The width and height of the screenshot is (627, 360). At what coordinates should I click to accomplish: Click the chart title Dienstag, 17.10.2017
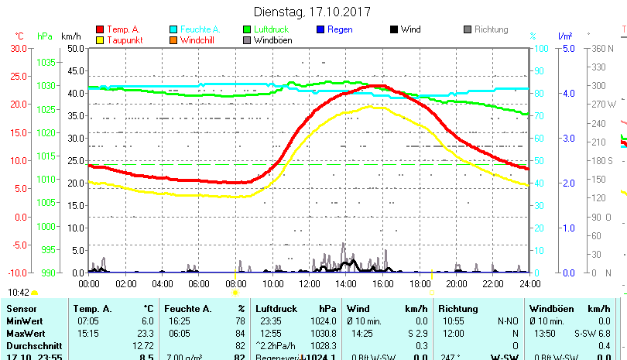click(x=313, y=12)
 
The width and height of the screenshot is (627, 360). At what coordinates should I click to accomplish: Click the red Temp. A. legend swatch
click(x=100, y=29)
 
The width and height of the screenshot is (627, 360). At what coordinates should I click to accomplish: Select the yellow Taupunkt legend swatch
click(x=100, y=39)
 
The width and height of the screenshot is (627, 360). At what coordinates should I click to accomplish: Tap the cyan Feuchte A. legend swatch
click(x=173, y=29)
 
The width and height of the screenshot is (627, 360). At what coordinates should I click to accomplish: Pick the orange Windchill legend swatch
click(x=173, y=39)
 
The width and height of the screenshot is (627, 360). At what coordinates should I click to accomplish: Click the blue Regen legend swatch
click(x=320, y=29)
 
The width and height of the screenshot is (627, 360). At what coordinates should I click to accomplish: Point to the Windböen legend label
click(x=272, y=40)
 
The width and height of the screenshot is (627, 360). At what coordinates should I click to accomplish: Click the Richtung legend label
click(x=492, y=29)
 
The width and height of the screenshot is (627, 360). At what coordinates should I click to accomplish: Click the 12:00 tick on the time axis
click(x=308, y=284)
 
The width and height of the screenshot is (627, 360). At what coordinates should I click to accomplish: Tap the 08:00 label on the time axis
click(x=235, y=284)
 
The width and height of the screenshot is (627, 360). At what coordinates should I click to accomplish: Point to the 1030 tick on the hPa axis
click(x=46, y=85)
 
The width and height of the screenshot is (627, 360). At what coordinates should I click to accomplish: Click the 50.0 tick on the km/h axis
click(x=75, y=48)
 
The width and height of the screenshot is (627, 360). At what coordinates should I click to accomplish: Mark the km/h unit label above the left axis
click(x=70, y=36)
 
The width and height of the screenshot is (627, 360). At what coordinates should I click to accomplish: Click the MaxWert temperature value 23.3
click(x=146, y=332)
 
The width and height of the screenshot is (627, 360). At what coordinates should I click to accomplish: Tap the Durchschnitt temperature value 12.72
click(x=143, y=345)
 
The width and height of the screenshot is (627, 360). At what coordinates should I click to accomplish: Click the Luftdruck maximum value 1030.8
click(x=323, y=332)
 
